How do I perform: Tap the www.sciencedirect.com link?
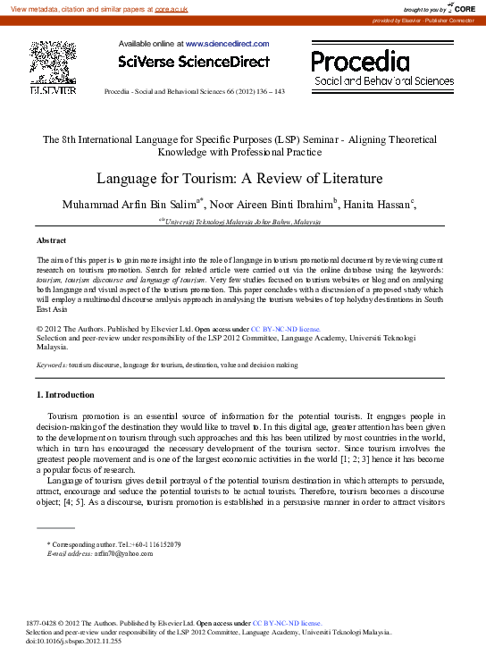pos(227,43)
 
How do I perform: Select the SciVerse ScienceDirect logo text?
pos(194,62)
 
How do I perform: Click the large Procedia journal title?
pos(360,61)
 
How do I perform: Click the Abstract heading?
pos(50,241)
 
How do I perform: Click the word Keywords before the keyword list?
pos(51,366)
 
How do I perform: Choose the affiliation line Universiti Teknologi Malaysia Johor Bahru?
pos(237,220)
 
